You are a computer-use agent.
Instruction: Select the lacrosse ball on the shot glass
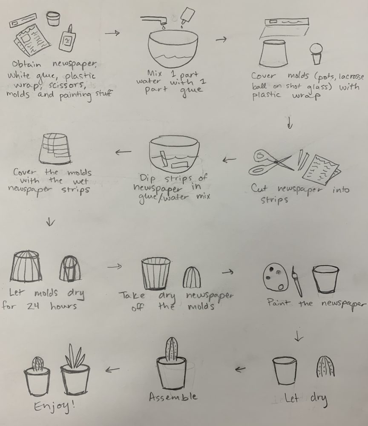point(316,49)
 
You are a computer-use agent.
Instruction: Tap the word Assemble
point(173,397)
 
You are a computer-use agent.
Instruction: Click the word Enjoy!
point(55,406)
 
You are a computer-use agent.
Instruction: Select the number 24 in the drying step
point(33,306)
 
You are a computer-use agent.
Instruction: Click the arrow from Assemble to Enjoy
point(112,369)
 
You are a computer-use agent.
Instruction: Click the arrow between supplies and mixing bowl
point(112,33)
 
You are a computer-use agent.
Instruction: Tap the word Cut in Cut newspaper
point(259,188)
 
